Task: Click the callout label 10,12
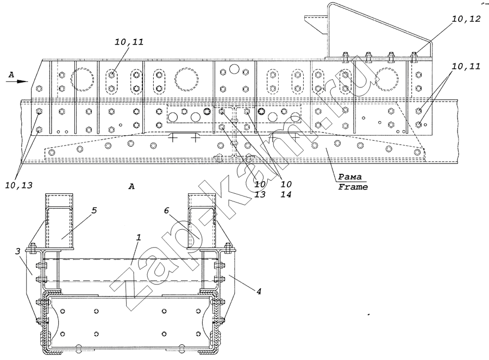466,19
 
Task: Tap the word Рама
350,177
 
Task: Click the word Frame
353,187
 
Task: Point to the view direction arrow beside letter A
17,81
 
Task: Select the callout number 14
286,194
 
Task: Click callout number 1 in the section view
139,237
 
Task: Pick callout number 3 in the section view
18,251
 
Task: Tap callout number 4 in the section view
259,292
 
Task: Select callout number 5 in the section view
94,210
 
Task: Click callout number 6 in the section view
166,211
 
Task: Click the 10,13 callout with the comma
18,186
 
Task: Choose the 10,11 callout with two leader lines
466,66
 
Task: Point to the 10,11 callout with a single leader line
129,42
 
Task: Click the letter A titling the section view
131,186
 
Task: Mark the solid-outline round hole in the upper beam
234,68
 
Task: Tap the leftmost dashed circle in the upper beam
83,79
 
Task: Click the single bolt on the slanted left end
39,88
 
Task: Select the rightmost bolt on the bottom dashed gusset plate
417,152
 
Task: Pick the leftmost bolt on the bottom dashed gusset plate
52,153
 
